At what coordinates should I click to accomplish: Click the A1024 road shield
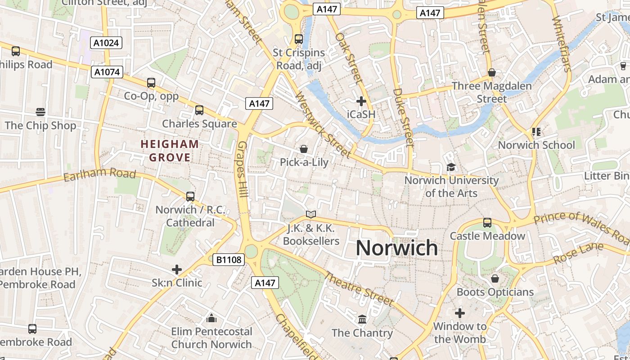coord(106,43)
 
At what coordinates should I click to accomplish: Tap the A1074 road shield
coord(107,72)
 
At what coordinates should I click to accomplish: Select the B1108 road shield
coord(228,259)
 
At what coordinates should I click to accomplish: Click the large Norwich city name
coord(396,248)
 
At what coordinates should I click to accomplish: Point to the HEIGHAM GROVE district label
coord(170,151)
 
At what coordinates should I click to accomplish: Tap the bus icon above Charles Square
coord(199,110)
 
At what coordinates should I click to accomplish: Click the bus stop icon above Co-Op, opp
coord(151,83)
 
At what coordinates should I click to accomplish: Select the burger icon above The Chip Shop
coord(40,112)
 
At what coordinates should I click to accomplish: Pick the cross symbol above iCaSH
coord(361,101)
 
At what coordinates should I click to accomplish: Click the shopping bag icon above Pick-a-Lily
coord(304,148)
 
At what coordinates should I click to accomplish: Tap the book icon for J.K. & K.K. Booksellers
coord(311,214)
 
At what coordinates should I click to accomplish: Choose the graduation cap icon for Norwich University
coord(451,167)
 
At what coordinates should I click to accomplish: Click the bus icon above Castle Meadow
coord(487,222)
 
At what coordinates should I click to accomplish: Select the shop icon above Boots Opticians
coord(495,279)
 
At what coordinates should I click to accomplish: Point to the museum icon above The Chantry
coord(362,319)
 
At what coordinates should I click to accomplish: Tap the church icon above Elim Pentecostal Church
coord(211,319)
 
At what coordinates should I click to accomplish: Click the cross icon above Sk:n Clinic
coord(177,270)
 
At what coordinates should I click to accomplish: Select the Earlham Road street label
coord(99,174)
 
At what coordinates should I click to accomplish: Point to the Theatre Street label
coord(359,288)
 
